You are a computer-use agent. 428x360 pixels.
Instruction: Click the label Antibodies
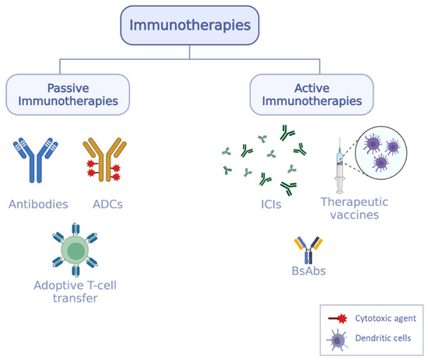38,204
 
